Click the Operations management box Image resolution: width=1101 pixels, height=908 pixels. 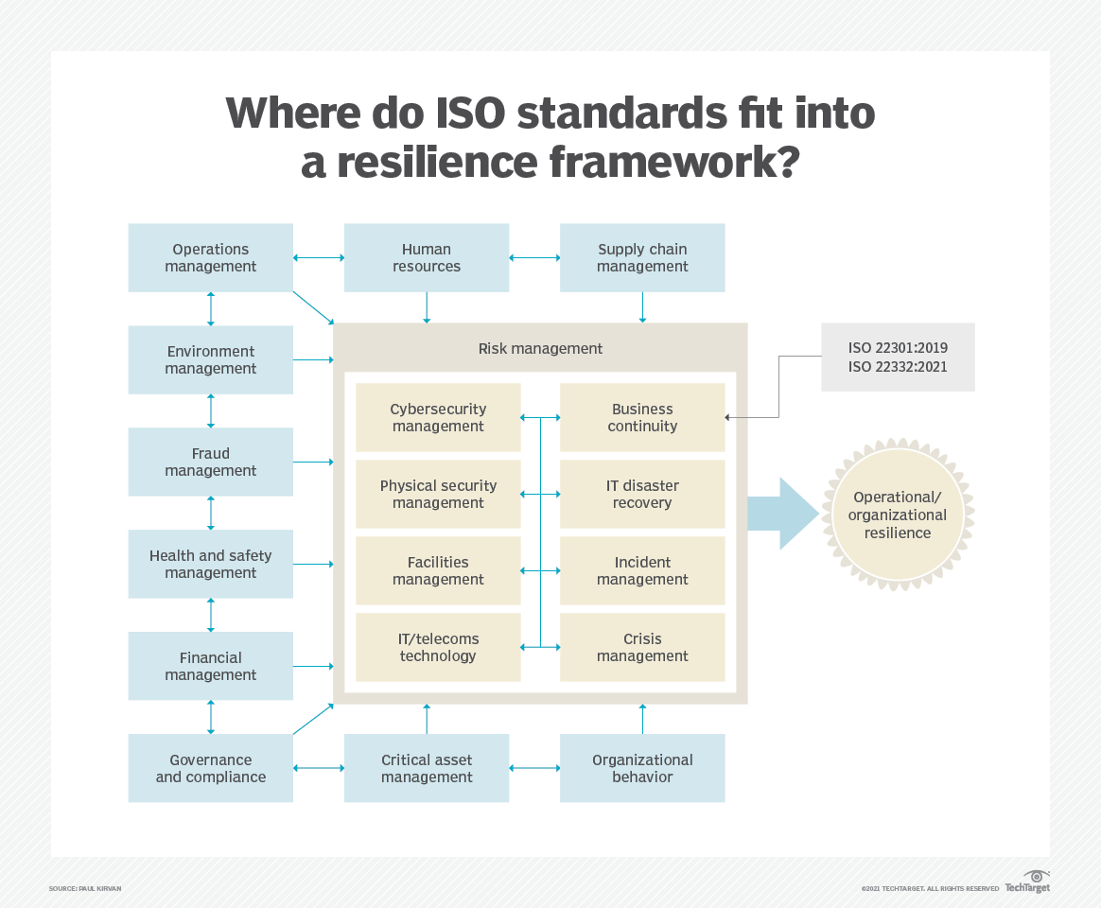click(x=210, y=258)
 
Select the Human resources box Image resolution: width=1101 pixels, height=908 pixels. click(x=426, y=258)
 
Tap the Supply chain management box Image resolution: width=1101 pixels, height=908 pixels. click(x=642, y=258)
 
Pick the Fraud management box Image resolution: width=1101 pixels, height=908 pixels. click(x=210, y=463)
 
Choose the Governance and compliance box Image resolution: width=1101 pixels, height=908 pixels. click(x=210, y=768)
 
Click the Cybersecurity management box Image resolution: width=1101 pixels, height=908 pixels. click(x=438, y=417)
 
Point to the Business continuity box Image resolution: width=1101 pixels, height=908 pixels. click(x=642, y=417)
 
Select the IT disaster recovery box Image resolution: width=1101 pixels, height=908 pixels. click(x=642, y=494)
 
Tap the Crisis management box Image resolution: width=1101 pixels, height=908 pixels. click(x=642, y=647)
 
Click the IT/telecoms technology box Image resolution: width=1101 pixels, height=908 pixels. click(x=438, y=647)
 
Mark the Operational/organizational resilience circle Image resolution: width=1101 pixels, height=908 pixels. click(x=897, y=515)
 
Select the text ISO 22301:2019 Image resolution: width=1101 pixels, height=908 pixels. click(x=898, y=348)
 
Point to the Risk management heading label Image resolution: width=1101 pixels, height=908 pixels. click(x=540, y=348)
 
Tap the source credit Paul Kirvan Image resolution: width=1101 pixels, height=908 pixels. click(x=85, y=889)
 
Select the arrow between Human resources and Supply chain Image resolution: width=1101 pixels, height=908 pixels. click(x=534, y=257)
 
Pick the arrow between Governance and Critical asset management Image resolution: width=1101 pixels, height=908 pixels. click(x=319, y=768)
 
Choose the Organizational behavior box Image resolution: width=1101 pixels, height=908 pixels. click(x=642, y=768)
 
